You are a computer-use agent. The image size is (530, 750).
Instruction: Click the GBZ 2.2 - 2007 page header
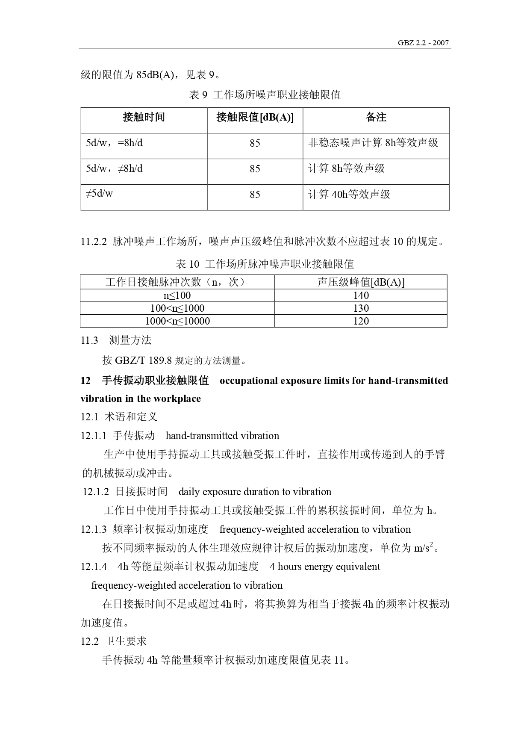coord(423,43)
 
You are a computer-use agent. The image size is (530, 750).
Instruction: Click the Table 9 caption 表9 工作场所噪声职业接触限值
coord(265,95)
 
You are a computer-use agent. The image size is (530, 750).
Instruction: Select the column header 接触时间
coord(144,117)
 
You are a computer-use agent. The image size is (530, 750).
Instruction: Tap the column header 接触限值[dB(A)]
coord(255,117)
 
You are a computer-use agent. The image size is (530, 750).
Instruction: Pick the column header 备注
coord(376,117)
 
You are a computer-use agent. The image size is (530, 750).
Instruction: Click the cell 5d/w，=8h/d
coord(114,143)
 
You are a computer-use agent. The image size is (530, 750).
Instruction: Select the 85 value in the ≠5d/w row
coord(255,195)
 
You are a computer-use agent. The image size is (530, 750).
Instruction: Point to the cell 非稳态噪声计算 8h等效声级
coord(373,143)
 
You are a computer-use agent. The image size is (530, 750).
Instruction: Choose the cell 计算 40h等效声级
coord(349,195)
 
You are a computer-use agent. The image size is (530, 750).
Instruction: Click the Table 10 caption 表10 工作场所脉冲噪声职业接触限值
coord(265,264)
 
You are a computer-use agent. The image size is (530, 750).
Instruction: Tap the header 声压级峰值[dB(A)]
coord(361,282)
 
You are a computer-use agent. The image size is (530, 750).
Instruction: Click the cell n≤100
coord(177,295)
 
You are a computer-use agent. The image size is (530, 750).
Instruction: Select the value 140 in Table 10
coord(361,295)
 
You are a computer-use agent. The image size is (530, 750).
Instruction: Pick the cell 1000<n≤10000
coord(177,321)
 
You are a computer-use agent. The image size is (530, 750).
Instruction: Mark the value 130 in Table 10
coord(361,308)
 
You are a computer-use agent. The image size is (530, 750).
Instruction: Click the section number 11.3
coord(89,340)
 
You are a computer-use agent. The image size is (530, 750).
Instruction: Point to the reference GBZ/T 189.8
coord(143,360)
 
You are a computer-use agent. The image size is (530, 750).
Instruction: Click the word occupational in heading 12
coord(249,381)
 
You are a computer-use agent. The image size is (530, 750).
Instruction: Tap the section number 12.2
coord(89,641)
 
